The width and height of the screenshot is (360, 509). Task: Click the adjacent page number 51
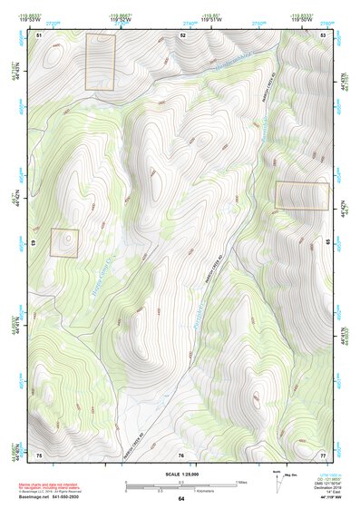(x=40, y=34)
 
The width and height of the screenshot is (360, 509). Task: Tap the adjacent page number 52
(x=182, y=34)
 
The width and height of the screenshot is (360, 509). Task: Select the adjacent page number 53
(x=324, y=34)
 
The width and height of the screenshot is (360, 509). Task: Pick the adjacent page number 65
(x=327, y=242)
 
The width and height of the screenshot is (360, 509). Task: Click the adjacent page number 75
(x=40, y=454)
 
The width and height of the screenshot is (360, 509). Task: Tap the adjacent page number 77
(x=324, y=454)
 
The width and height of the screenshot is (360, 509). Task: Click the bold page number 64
(x=181, y=499)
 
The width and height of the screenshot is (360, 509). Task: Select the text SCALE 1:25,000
(x=181, y=474)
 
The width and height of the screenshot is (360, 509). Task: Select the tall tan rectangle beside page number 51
(x=101, y=62)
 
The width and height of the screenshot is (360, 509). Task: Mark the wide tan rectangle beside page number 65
(x=301, y=195)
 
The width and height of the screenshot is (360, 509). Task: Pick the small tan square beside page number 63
(x=64, y=242)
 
